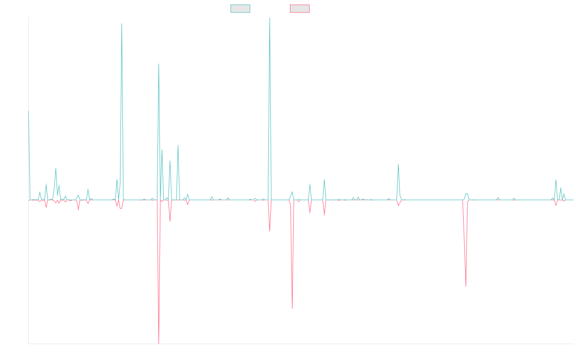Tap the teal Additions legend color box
click(x=240, y=9)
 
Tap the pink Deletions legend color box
click(x=300, y=9)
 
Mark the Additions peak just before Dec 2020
click(x=122, y=23)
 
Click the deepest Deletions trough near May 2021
click(x=159, y=343)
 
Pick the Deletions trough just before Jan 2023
click(x=292, y=309)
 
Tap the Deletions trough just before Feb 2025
click(x=466, y=287)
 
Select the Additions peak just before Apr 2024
click(x=398, y=165)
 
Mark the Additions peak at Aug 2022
click(x=270, y=18)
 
